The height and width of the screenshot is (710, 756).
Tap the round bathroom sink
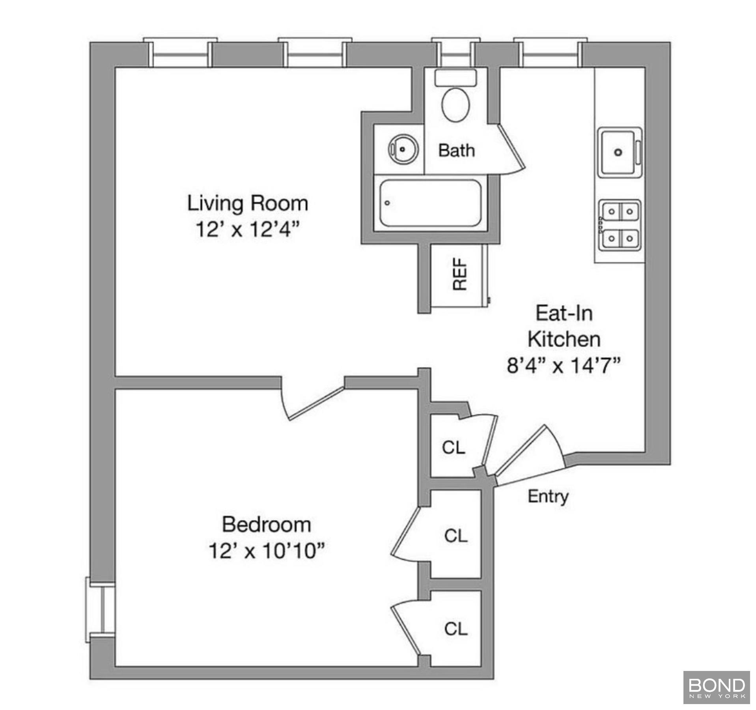[x=402, y=149]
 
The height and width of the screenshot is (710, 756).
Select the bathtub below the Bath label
[x=430, y=203]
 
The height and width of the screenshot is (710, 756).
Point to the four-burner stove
[x=620, y=225]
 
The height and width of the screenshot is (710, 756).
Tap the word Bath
[x=456, y=151]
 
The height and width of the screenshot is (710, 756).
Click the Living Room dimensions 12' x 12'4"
[x=247, y=229]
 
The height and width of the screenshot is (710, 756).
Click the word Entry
[x=548, y=496]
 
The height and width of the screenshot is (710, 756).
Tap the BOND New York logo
[x=716, y=687]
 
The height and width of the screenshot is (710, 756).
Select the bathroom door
[x=511, y=148]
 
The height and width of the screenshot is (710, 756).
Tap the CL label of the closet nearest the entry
[x=454, y=448]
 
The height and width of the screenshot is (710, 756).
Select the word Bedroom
[x=267, y=525]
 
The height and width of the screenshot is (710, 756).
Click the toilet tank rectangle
[x=455, y=78]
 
